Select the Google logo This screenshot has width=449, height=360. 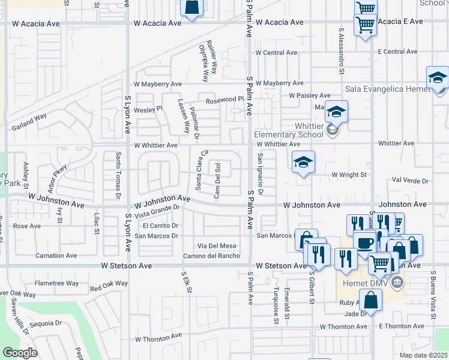point(20,352)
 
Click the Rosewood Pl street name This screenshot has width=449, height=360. point(226,100)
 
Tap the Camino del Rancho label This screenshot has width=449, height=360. point(211,256)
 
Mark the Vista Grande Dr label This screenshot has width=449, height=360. point(158,211)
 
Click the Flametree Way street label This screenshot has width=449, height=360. point(56,283)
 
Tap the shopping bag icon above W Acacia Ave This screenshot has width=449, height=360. point(191,8)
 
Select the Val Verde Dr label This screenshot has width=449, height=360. point(410,180)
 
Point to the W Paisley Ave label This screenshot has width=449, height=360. point(309,95)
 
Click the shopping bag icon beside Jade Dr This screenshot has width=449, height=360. point(372,299)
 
